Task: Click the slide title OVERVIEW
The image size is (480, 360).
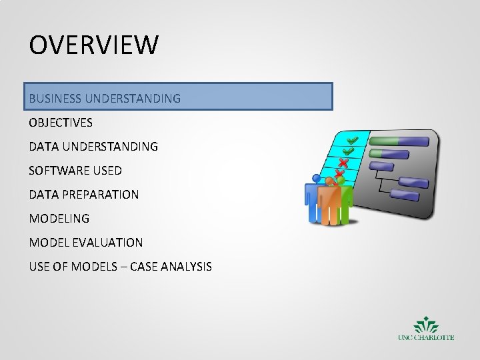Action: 94,45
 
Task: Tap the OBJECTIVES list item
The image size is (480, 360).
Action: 61,123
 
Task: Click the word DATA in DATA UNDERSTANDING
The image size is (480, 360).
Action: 43,146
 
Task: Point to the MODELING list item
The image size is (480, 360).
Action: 59,219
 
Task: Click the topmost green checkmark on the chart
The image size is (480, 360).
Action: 352,140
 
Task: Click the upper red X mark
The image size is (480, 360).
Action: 343,163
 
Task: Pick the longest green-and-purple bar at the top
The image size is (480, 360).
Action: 399,141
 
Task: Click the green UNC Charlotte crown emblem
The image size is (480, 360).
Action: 426,325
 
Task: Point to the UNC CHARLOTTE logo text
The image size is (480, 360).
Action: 426,337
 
